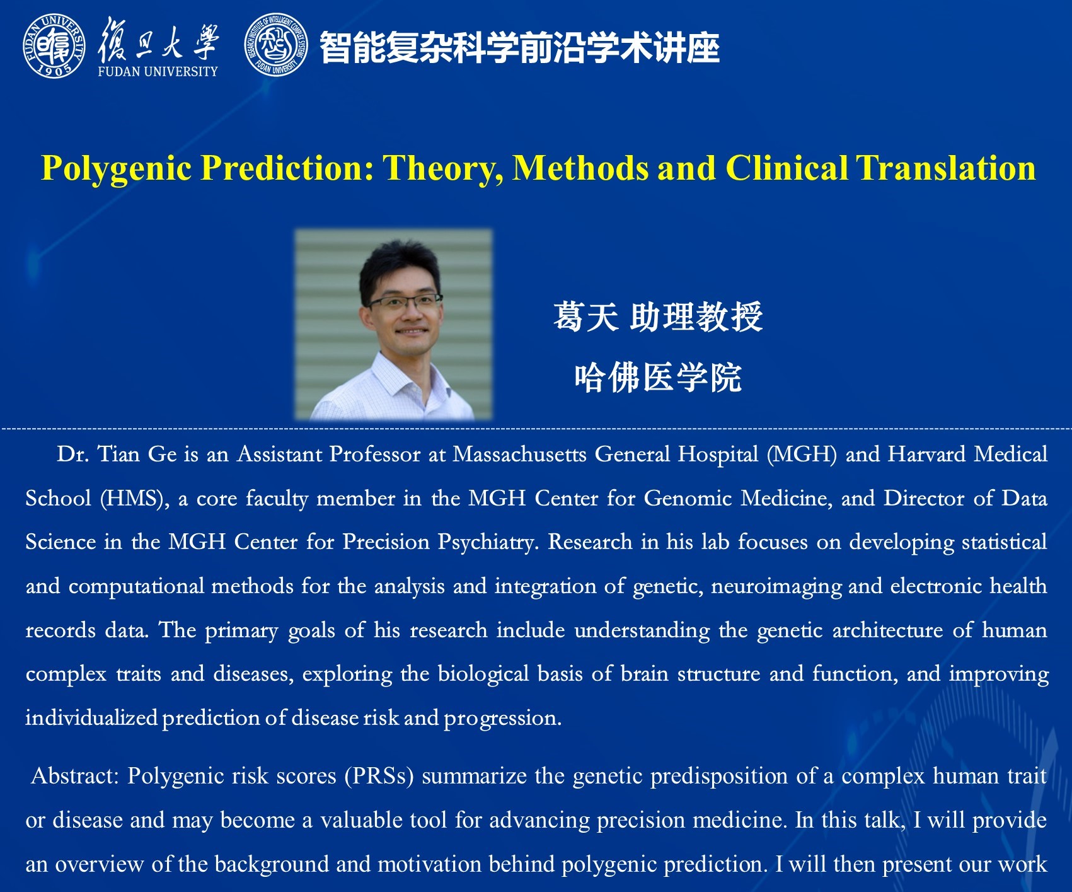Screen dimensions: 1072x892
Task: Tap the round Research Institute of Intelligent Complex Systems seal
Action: tap(277, 45)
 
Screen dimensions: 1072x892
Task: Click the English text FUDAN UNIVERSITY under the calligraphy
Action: tap(158, 72)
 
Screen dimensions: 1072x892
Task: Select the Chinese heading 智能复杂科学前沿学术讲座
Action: tap(520, 47)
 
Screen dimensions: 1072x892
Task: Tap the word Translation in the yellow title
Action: tap(945, 168)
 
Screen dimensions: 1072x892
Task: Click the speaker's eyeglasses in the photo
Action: tap(405, 301)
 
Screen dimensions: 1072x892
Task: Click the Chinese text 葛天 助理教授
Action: tap(658, 316)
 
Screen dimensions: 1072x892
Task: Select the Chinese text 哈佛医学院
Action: tap(658, 378)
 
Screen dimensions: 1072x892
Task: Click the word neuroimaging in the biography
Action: tap(776, 586)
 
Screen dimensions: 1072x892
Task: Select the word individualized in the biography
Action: tap(91, 717)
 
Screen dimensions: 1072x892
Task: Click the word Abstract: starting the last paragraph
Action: tap(75, 775)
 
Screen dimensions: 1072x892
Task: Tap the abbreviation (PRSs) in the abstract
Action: tap(379, 776)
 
